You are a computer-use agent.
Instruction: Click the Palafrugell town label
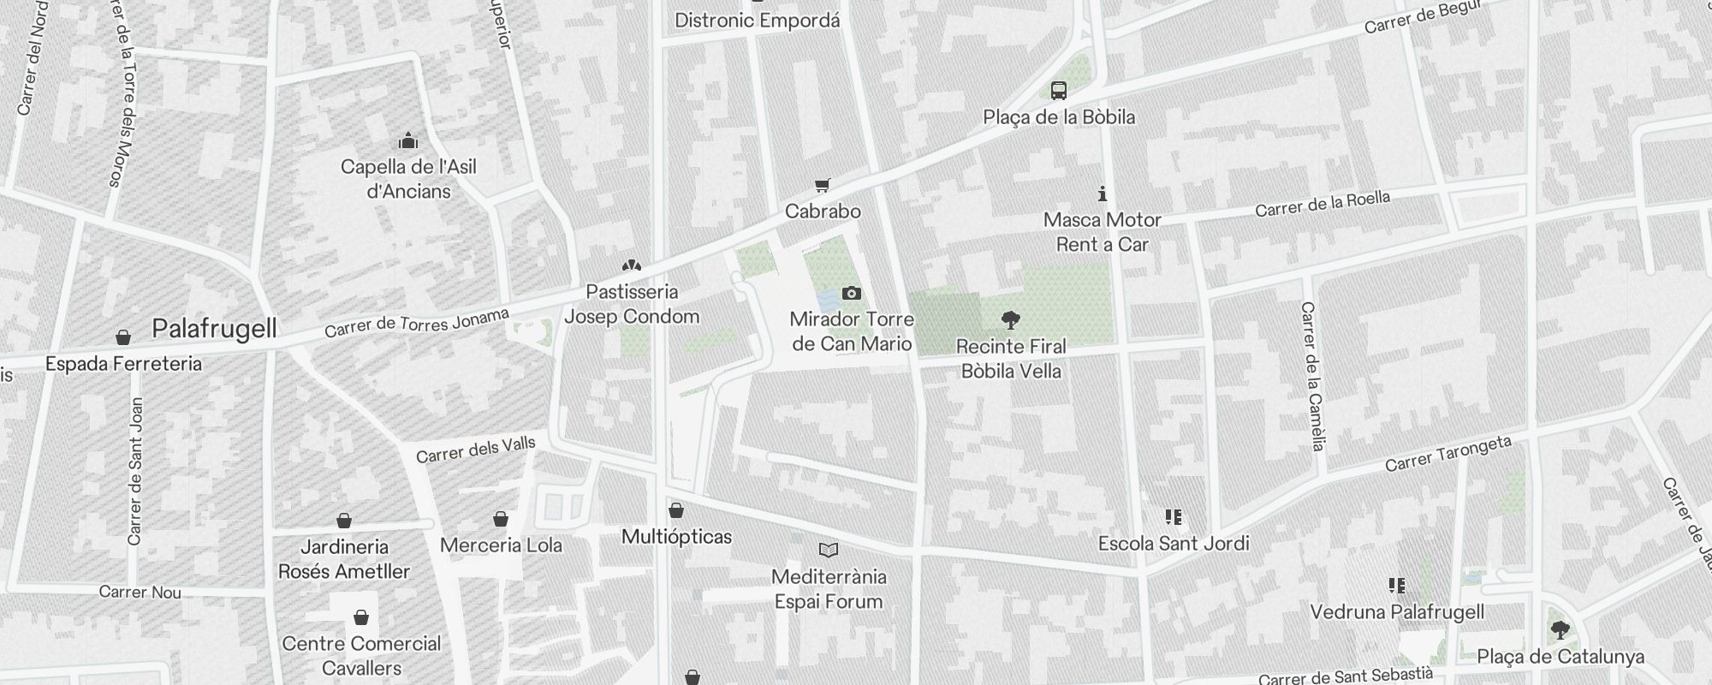(214, 329)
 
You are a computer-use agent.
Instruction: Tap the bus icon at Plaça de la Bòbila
(1059, 90)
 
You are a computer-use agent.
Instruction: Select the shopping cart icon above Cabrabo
(823, 185)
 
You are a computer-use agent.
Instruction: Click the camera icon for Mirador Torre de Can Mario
(851, 294)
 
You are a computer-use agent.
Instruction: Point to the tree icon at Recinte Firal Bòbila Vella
(1011, 321)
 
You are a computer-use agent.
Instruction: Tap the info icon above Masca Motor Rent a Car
(1103, 194)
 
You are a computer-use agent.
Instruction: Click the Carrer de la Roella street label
(1323, 204)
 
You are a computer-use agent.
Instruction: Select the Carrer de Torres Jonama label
(417, 322)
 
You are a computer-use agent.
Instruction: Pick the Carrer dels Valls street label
(476, 450)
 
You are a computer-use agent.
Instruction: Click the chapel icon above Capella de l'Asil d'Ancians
(408, 140)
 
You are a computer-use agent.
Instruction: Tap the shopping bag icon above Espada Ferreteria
(123, 337)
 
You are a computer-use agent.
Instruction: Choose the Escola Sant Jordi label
(1174, 544)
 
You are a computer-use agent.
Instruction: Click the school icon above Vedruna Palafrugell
(1397, 586)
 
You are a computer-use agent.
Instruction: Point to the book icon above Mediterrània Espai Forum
(829, 550)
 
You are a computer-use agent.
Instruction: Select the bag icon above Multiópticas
(676, 510)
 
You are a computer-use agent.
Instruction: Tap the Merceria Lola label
(501, 545)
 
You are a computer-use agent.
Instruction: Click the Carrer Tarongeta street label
(1447, 454)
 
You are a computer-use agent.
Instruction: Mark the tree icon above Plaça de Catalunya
(1560, 631)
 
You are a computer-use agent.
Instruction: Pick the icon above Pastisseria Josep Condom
(632, 265)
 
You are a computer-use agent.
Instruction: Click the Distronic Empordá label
(757, 21)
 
